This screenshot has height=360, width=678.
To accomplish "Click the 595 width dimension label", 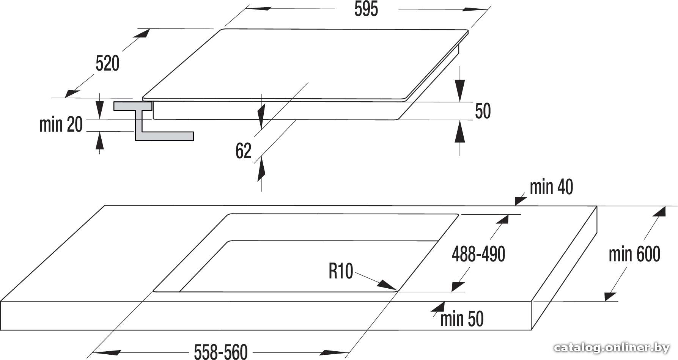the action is pyautogui.click(x=366, y=9).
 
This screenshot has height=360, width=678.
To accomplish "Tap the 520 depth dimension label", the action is pyautogui.click(x=107, y=63).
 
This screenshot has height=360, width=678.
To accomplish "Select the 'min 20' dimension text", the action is pyautogui.click(x=61, y=124).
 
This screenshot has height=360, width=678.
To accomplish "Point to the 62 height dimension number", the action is pyautogui.click(x=243, y=151).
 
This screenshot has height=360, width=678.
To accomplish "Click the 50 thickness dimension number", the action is pyautogui.click(x=483, y=111).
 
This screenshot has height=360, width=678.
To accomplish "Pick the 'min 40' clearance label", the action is pyautogui.click(x=551, y=187).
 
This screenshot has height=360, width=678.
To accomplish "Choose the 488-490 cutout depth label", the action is pyautogui.click(x=478, y=254).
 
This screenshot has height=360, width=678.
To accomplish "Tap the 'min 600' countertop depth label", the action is pyautogui.click(x=634, y=254).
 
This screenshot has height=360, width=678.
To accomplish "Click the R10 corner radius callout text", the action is pyautogui.click(x=341, y=271).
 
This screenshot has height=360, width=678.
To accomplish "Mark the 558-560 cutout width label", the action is pyautogui.click(x=221, y=352).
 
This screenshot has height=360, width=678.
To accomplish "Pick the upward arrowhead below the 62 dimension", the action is pyautogui.click(x=261, y=170).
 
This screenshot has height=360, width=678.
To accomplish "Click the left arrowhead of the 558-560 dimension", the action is pyautogui.click(x=102, y=352).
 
